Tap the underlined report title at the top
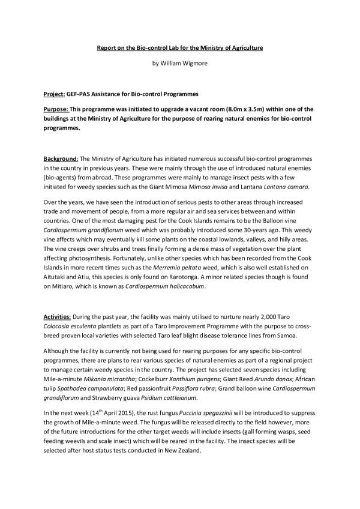(x=179, y=47)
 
